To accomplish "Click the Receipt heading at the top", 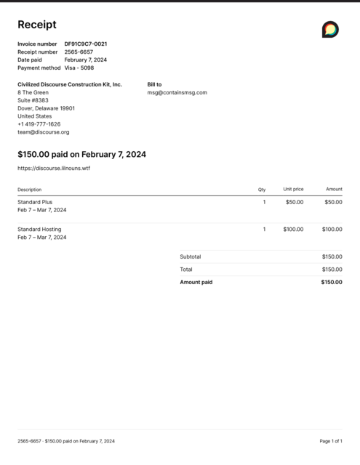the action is pyautogui.click(x=36, y=25).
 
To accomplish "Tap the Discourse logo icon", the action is pyautogui.click(x=330, y=29).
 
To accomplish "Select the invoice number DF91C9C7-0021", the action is pyautogui.click(x=86, y=44).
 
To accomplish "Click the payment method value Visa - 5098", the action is pyautogui.click(x=79, y=68).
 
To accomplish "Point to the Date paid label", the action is pyautogui.click(x=30, y=60).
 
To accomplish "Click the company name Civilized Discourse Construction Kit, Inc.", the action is pyautogui.click(x=70, y=84).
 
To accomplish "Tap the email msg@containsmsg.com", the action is pyautogui.click(x=177, y=92).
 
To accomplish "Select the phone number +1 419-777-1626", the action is pyautogui.click(x=39, y=124).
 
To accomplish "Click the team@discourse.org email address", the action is pyautogui.click(x=44, y=132).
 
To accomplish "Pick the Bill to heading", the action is pyautogui.click(x=154, y=84).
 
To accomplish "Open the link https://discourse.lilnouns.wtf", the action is pyautogui.click(x=54, y=168).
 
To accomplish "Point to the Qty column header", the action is pyautogui.click(x=262, y=190).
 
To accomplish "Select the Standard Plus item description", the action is pyautogui.click(x=35, y=202).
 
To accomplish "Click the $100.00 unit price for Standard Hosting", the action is pyautogui.click(x=293, y=230).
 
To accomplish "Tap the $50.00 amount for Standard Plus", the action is pyautogui.click(x=333, y=202).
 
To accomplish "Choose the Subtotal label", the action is pyautogui.click(x=191, y=256).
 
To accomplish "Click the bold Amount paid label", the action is pyautogui.click(x=196, y=282).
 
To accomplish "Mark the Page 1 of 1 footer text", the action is pyautogui.click(x=331, y=441).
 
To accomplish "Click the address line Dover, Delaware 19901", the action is pyautogui.click(x=46, y=108).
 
